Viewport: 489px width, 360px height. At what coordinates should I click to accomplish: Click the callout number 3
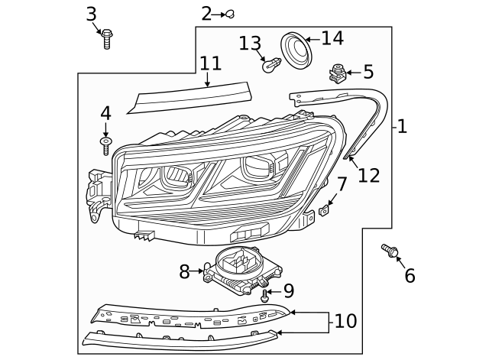[91, 13]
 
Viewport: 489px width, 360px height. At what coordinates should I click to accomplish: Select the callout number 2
[206, 13]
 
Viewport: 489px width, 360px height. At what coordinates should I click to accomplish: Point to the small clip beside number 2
[228, 14]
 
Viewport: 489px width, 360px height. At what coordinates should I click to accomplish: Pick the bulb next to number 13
[269, 66]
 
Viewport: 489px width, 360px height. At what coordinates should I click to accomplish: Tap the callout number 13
[250, 43]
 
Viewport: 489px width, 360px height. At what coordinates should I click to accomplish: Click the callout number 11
[210, 64]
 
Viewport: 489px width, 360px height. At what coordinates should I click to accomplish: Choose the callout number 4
[105, 113]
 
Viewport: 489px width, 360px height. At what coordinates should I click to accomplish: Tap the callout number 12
[368, 175]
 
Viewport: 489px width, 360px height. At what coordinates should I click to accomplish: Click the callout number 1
[402, 126]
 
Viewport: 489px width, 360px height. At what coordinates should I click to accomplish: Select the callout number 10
[345, 321]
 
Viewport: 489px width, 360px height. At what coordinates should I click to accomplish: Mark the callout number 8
[184, 271]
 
